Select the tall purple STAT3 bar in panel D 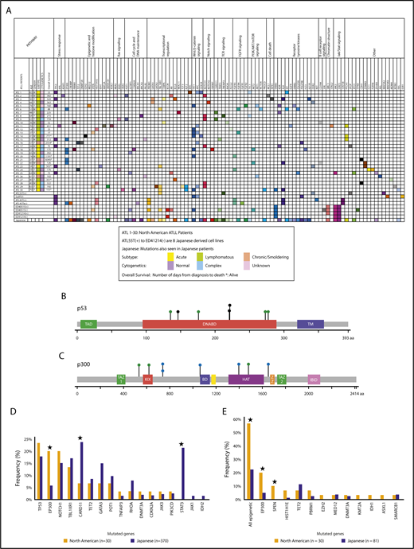(x=183, y=470)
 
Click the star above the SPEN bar (x=274, y=480)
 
